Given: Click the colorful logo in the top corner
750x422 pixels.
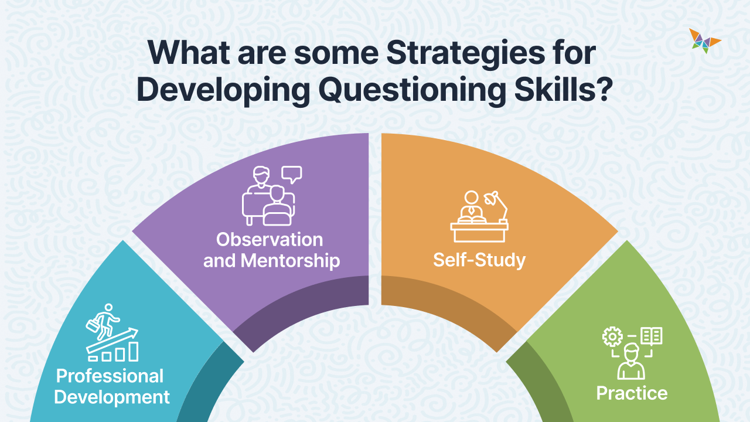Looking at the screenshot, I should click(x=705, y=40).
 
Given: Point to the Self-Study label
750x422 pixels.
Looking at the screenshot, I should click(x=479, y=260).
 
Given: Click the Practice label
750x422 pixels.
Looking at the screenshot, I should click(x=632, y=393).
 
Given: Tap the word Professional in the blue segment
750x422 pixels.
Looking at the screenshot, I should click(x=110, y=375).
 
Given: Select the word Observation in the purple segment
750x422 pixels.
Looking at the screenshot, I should click(x=270, y=239).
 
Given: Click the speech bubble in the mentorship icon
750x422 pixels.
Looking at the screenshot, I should click(x=291, y=173).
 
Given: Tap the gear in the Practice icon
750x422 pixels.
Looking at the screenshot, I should click(x=612, y=336).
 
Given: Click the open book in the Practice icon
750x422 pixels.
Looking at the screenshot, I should click(x=652, y=336).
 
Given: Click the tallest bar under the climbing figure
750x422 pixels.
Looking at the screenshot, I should click(x=134, y=351).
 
